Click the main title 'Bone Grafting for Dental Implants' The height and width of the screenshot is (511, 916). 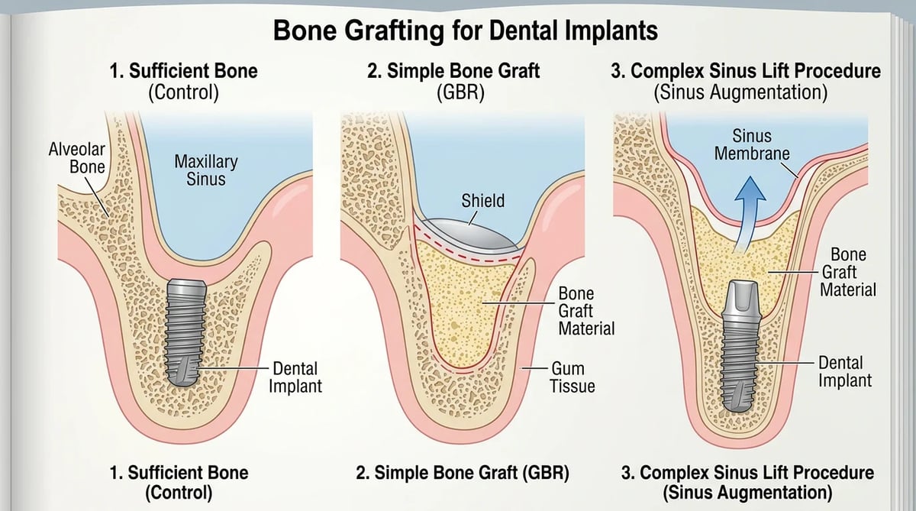tap(466, 31)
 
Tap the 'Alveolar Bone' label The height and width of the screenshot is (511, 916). tap(77, 158)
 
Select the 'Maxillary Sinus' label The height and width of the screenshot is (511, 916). tap(206, 170)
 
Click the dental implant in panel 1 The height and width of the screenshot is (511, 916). tap(185, 332)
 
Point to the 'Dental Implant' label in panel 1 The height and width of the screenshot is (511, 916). tap(295, 377)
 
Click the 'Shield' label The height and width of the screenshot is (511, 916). tap(483, 201)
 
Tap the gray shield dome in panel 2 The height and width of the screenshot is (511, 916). tap(470, 234)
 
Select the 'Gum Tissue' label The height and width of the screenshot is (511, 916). tap(572, 377)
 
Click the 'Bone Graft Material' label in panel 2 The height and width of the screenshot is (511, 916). tap(586, 311)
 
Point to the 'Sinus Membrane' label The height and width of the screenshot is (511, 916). tap(752, 145)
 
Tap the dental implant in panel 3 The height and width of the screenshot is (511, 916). tap(740, 346)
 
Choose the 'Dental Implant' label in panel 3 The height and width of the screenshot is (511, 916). tap(845, 371)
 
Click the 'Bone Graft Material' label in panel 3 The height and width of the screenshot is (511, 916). tap(848, 272)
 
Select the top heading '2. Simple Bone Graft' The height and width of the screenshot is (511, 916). tap(453, 71)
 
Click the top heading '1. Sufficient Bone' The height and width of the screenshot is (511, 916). tap(184, 71)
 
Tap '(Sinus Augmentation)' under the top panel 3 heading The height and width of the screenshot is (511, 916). tap(740, 92)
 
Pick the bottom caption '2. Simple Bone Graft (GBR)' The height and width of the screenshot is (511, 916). tap(463, 473)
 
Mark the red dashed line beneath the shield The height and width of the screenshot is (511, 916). tap(467, 251)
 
